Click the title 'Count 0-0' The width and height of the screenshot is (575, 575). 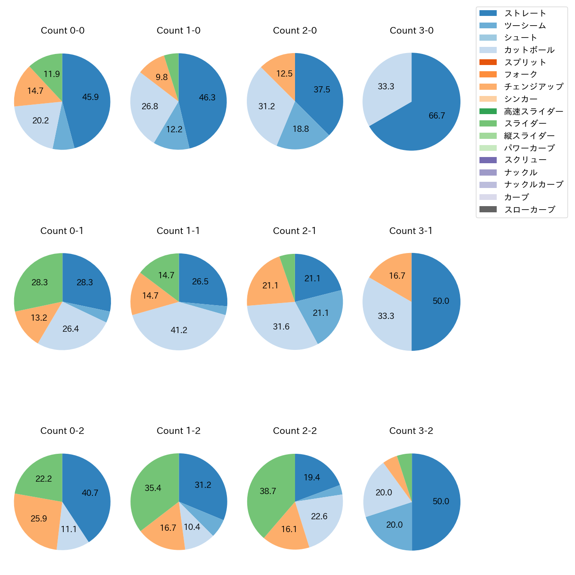[x=62, y=31]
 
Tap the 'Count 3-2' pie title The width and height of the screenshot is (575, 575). [x=411, y=431]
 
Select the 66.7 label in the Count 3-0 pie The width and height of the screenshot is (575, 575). [x=437, y=115]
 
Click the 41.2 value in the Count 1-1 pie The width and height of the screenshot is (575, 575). [x=179, y=330]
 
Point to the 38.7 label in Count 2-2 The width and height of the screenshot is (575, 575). [x=268, y=491]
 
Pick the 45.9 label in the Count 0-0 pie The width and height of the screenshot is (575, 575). [x=90, y=97]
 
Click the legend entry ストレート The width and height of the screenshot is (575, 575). [x=525, y=13]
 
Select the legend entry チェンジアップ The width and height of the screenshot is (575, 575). [x=534, y=87]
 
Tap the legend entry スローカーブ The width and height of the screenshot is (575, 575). [x=529, y=210]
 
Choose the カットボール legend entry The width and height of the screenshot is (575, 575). [x=529, y=50]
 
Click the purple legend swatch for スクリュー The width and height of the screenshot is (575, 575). [x=488, y=160]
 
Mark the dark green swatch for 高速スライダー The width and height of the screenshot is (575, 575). [x=488, y=111]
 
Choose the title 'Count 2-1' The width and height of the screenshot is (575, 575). [x=295, y=231]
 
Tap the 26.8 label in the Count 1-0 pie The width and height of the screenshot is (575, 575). [x=150, y=106]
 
